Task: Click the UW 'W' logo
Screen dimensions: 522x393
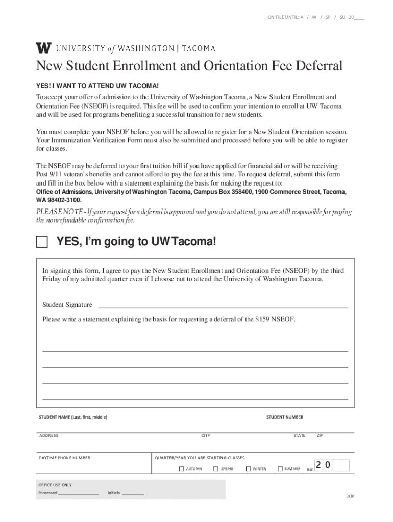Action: click(x=43, y=48)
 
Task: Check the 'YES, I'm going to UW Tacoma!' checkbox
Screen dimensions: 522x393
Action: click(x=42, y=242)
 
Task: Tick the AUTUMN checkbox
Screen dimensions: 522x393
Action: click(x=181, y=468)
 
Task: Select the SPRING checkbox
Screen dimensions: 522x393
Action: click(x=216, y=468)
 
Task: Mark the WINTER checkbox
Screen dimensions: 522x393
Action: click(x=248, y=468)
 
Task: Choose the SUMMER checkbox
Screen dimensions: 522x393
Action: click(x=280, y=468)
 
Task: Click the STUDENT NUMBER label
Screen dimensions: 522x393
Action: click(x=284, y=417)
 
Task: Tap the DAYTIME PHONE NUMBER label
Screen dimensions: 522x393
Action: click(x=64, y=458)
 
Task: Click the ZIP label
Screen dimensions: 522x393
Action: click(x=320, y=436)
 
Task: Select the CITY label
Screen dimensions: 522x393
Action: click(x=206, y=436)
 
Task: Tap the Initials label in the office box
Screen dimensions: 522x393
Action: click(x=114, y=493)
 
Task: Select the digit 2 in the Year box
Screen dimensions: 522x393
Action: click(x=318, y=465)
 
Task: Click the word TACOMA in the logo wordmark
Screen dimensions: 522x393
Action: click(x=199, y=49)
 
